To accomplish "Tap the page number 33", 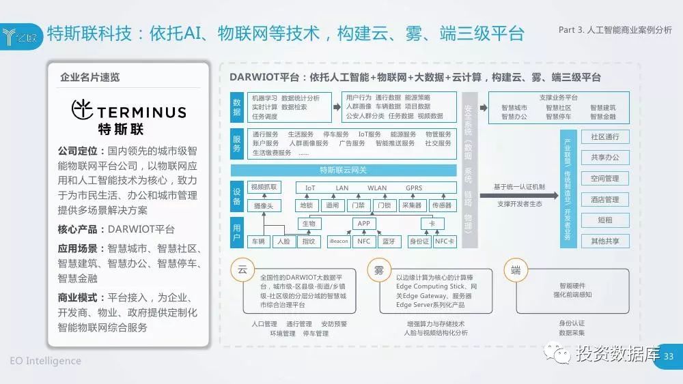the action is (669, 356).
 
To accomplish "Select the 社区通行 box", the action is (605, 137).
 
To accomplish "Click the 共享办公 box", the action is (605, 158).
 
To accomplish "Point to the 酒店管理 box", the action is (605, 199).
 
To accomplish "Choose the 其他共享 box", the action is (605, 241).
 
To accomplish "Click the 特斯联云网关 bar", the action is (344, 170).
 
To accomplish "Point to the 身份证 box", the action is (419, 241).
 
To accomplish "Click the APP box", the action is (363, 223).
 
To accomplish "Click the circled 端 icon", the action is (516, 269).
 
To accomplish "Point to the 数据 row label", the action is (236, 106).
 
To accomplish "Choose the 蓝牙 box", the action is (389, 241).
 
